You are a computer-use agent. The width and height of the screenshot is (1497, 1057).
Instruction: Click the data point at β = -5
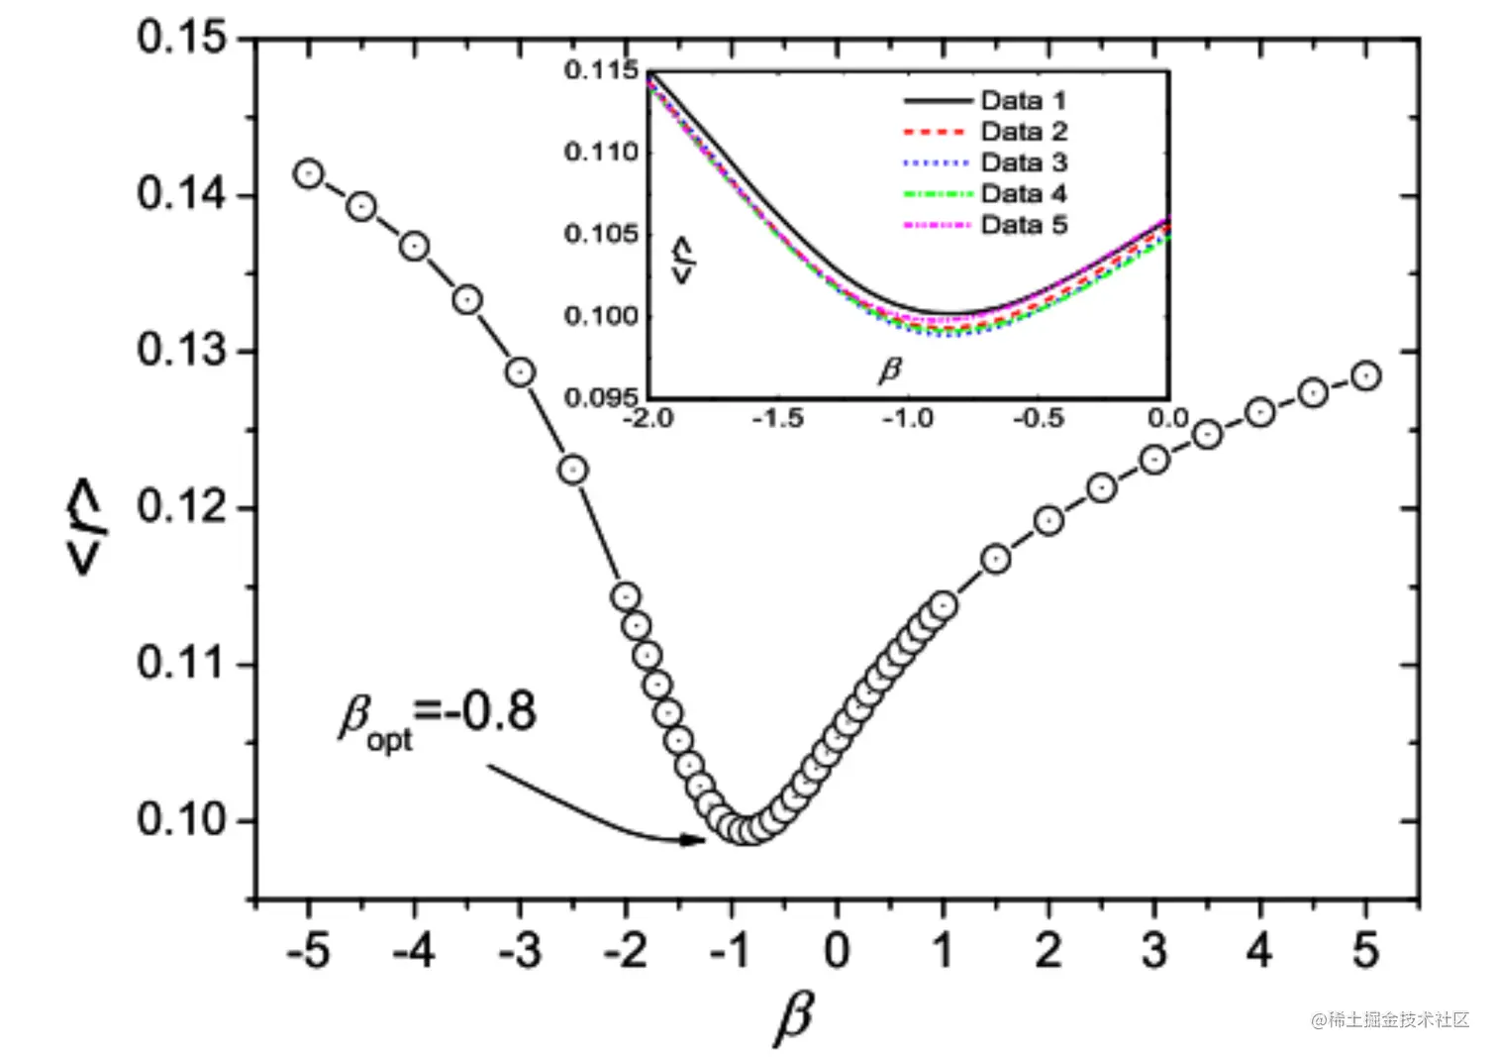tap(309, 174)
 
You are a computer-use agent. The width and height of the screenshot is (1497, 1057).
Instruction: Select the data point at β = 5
tap(1366, 375)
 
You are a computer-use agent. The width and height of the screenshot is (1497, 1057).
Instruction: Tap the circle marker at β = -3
tap(520, 372)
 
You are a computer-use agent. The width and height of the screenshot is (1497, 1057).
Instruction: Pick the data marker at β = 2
tap(1048, 520)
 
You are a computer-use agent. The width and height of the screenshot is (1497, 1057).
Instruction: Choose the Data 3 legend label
tap(1023, 162)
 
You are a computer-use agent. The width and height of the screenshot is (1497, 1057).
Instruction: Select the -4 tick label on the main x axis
tap(413, 952)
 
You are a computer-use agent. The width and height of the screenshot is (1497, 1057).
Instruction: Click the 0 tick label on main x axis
tap(837, 952)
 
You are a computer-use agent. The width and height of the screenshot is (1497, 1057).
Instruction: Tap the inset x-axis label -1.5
tap(777, 419)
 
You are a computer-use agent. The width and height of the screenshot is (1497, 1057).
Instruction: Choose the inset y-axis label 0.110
tap(601, 153)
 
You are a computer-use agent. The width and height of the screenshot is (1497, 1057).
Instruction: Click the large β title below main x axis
tap(794, 1017)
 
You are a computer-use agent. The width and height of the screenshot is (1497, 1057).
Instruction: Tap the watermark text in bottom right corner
tap(1390, 1019)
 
